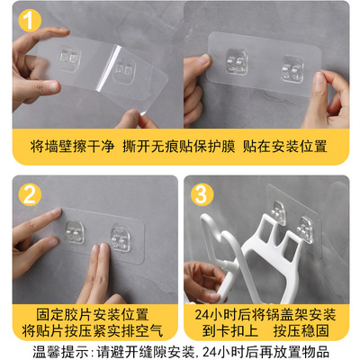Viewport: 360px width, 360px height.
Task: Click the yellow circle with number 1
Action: (x=30, y=21)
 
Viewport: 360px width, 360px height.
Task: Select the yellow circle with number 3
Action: (x=202, y=194)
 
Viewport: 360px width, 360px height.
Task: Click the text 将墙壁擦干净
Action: (x=72, y=147)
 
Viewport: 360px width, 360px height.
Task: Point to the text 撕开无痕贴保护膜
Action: (x=179, y=147)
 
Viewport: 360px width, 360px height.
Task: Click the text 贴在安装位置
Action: (x=284, y=147)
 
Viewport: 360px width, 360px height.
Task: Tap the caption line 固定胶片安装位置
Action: (x=93, y=315)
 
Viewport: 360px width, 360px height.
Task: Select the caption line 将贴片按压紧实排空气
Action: (x=93, y=330)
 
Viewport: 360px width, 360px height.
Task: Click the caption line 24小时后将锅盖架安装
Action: (x=265, y=315)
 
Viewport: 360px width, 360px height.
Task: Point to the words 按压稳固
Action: (x=301, y=330)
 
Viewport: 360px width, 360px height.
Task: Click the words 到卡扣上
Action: (x=229, y=330)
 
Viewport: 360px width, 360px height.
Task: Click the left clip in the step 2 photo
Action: (x=75, y=232)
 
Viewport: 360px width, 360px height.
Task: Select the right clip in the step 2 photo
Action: (x=121, y=239)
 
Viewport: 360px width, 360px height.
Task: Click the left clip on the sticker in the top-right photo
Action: (x=237, y=62)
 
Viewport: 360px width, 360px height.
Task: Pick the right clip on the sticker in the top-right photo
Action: (x=292, y=69)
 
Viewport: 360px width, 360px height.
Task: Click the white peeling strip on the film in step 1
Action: (x=109, y=68)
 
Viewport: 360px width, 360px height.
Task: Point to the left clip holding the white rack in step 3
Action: (x=277, y=213)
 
